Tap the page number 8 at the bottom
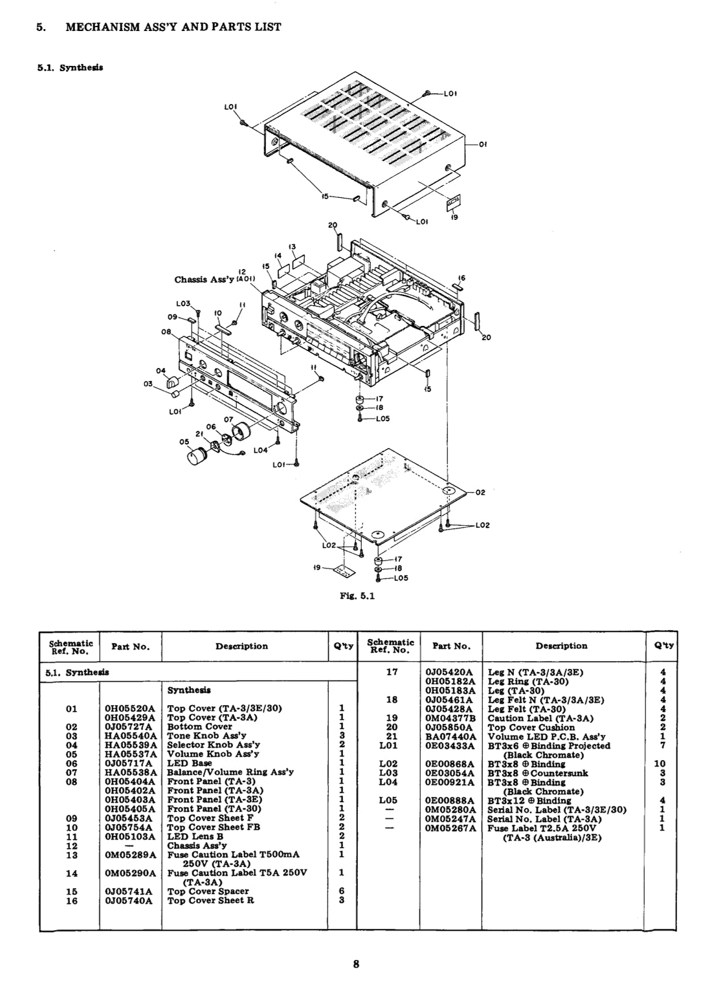click(x=356, y=965)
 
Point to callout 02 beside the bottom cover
click(x=480, y=493)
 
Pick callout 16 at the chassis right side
click(x=462, y=277)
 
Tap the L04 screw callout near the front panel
click(x=260, y=450)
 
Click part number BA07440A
click(x=451, y=736)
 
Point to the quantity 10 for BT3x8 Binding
click(x=662, y=764)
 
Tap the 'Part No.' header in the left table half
click(x=130, y=646)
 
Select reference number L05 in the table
click(x=392, y=800)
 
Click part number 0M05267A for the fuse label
click(x=451, y=828)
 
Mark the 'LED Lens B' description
click(x=195, y=836)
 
